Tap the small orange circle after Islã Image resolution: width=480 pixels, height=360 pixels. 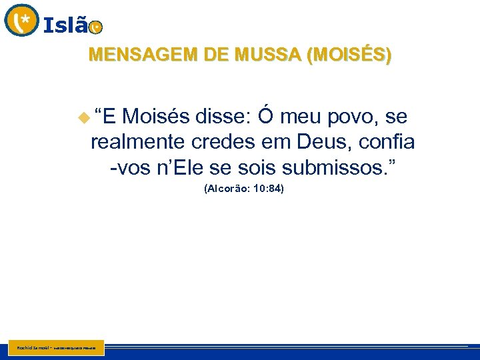coord(96,27)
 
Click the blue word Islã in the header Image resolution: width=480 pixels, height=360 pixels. coord(65,25)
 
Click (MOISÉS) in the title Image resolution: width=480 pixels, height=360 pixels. coord(348,55)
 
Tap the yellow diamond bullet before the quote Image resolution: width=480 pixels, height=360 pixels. coord(83,119)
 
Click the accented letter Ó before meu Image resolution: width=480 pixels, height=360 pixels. coord(265,117)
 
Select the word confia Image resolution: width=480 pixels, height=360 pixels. coord(386,142)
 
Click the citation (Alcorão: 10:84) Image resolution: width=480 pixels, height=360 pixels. coord(243,189)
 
